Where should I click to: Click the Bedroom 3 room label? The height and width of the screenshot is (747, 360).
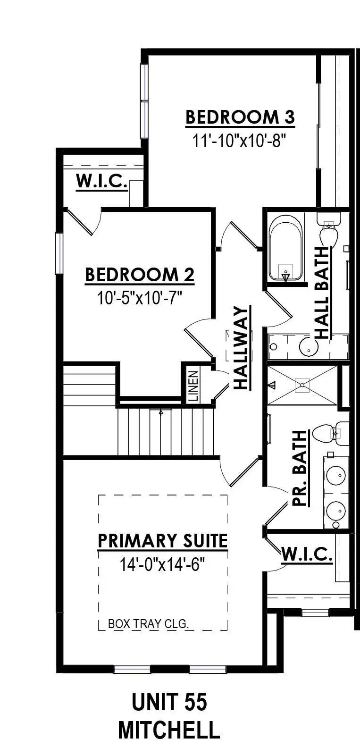(x=240, y=117)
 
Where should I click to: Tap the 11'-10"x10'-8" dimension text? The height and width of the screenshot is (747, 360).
(x=240, y=141)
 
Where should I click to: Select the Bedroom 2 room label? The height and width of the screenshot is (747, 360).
(x=140, y=275)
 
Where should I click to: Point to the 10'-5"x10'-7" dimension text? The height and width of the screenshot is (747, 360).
(x=140, y=298)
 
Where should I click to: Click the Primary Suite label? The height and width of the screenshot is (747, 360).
(x=163, y=541)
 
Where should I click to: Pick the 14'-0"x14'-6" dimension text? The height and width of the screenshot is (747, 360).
(x=163, y=564)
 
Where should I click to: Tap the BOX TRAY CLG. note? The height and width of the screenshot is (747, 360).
(x=149, y=624)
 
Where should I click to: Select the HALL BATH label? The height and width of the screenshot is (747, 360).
(x=322, y=293)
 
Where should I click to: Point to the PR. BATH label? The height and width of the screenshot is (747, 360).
(x=300, y=468)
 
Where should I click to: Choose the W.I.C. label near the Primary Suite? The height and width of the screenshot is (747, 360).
(x=307, y=555)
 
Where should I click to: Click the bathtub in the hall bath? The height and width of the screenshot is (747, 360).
(x=285, y=248)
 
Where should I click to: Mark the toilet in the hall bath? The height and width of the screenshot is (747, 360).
(x=327, y=231)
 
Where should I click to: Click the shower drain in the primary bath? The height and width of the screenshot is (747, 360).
(x=302, y=385)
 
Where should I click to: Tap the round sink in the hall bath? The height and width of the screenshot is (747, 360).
(x=308, y=347)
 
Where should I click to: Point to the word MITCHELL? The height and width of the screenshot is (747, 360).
(x=169, y=730)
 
